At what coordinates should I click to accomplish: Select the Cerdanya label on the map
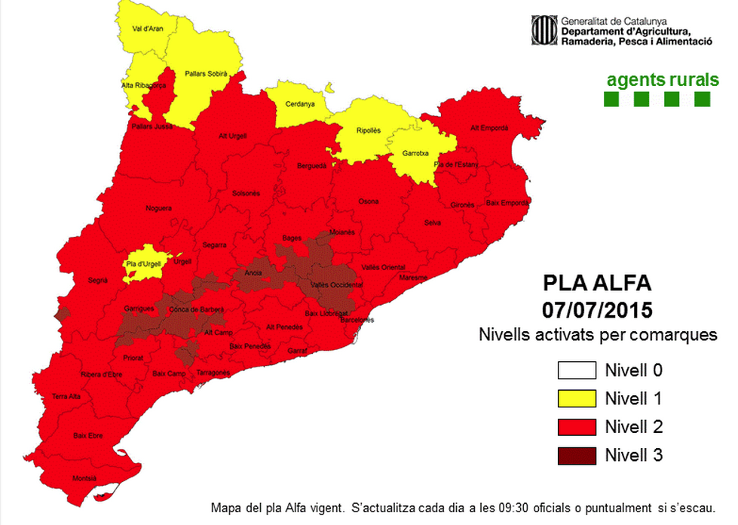[x=300, y=105]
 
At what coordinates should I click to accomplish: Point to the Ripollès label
[x=369, y=130]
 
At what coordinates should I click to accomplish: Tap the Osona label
[x=369, y=201]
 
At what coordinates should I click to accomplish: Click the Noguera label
[x=158, y=208]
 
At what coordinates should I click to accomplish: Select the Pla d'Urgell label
[x=142, y=263]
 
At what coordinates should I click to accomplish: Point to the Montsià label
[x=84, y=478]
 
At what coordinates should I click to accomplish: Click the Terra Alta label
[x=66, y=396]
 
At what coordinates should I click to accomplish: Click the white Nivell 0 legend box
[x=576, y=370]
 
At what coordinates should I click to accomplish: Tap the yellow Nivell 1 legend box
[x=576, y=398]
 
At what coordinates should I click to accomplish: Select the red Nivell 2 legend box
[x=576, y=427]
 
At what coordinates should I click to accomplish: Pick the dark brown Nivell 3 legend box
[x=576, y=455]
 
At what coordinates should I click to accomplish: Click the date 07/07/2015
[x=597, y=310]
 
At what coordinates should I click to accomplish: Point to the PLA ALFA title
[x=597, y=284]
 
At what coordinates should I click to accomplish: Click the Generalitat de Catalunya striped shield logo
[x=543, y=31]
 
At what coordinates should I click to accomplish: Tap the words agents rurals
[x=658, y=79]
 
